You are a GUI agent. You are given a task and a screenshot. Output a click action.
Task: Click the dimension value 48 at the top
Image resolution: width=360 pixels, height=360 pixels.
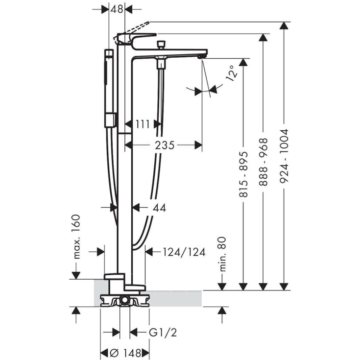[x=117, y=9]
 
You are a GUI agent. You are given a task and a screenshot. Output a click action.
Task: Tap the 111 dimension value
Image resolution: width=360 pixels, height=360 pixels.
[x=143, y=124]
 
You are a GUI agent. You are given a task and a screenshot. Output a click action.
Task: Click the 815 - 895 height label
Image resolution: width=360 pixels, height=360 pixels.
[x=243, y=174]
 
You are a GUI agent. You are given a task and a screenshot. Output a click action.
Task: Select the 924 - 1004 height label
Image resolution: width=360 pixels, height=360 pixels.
[x=284, y=156]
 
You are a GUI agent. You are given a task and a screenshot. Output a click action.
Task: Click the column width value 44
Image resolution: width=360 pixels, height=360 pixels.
[x=159, y=208]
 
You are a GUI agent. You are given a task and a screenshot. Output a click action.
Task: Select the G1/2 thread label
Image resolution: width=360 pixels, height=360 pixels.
[x=163, y=333]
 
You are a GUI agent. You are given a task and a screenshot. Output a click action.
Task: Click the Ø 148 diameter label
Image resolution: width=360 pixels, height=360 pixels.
[x=125, y=353]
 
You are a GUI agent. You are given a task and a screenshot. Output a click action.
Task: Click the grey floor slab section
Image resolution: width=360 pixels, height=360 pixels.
[x=176, y=298]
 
